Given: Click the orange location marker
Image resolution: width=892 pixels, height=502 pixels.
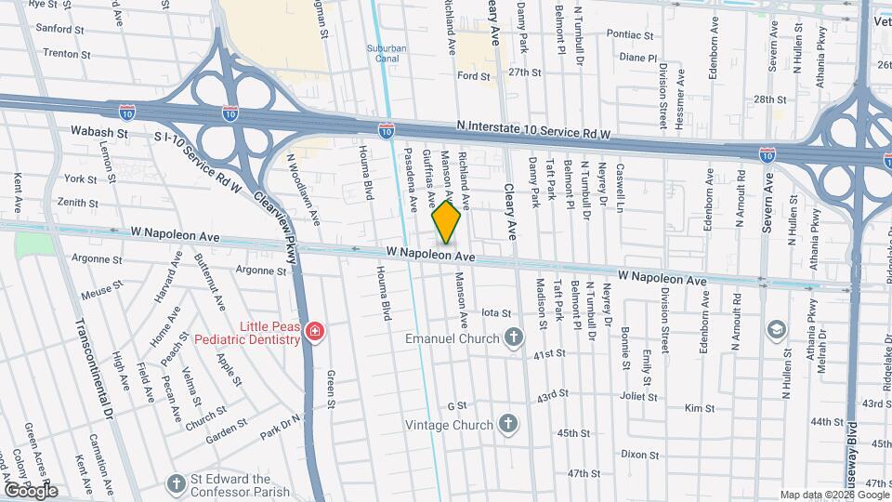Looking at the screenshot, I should [447, 221].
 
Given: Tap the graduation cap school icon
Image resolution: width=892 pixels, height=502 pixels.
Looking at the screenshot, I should [775, 330].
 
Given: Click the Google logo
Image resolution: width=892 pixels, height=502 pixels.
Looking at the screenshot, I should [30, 490].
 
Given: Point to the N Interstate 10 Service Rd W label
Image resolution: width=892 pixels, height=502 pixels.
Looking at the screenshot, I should [533, 133].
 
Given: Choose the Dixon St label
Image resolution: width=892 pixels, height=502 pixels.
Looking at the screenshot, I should [639, 455].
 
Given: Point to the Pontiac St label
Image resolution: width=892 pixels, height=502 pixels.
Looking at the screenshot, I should [632, 34].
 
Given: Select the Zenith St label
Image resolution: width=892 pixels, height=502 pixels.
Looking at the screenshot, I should [76, 202].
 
